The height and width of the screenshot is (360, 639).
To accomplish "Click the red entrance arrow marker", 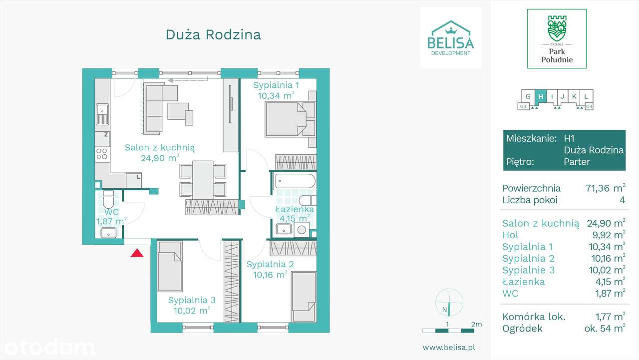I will (x=137, y=253).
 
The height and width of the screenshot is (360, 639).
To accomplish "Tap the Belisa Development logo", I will (x=451, y=37).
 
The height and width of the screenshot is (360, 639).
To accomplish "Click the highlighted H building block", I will (x=541, y=96).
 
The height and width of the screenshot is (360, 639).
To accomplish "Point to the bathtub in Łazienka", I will (x=295, y=181).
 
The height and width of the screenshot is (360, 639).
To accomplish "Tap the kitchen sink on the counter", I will (x=103, y=114).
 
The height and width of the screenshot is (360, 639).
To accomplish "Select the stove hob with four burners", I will (x=102, y=153).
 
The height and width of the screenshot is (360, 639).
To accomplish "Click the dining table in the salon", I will (x=203, y=178).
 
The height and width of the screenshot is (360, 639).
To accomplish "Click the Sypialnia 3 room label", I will (x=192, y=300).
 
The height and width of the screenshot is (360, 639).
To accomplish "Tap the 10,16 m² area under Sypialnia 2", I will (x=270, y=275).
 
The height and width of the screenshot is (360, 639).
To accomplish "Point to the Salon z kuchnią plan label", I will (x=160, y=147).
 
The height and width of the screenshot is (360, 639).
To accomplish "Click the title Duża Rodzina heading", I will (x=213, y=34).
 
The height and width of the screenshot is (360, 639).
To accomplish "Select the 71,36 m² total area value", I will (x=605, y=188).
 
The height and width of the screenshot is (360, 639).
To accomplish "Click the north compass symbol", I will (x=449, y=303).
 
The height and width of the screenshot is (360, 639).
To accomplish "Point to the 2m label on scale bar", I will (x=476, y=324).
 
